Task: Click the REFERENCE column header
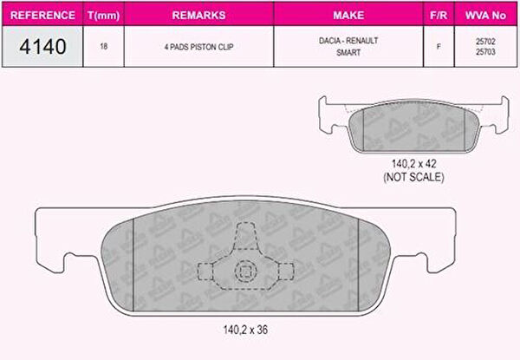pos(42,16)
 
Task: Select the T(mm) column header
pos(103,16)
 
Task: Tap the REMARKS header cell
pos(199,16)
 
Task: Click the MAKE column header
pos(348,16)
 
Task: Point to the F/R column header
pos(439,16)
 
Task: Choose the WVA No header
pos(485,16)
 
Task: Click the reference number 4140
pos(42,47)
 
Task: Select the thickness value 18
pos(104,47)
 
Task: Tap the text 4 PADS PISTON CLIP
pos(199,47)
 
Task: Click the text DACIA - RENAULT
pos(348,41)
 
